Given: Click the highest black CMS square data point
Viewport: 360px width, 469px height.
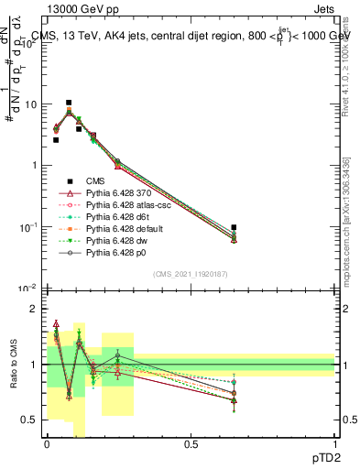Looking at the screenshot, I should pos(69,103).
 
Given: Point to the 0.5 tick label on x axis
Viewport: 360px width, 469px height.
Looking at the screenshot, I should pos(191,443).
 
